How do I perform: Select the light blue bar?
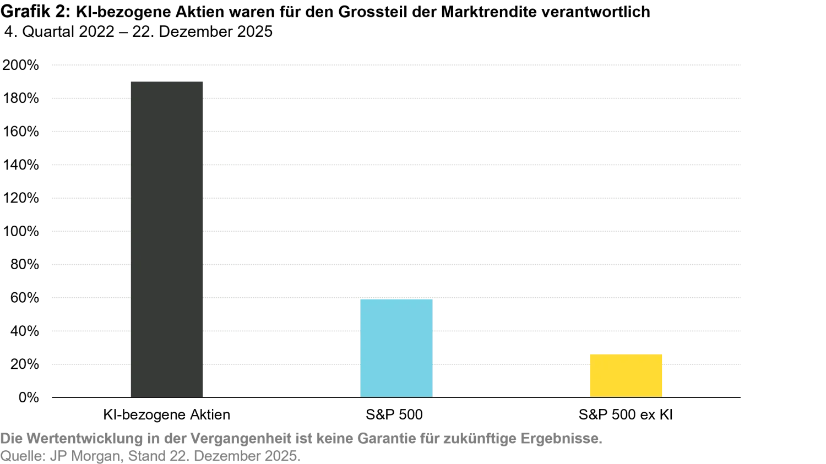(x=396, y=347)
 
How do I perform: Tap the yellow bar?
(x=626, y=374)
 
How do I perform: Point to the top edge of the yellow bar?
(x=626, y=353)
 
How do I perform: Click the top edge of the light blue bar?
(x=396, y=299)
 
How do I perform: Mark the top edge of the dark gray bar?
(x=167, y=80)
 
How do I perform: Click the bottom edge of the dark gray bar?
(x=167, y=396)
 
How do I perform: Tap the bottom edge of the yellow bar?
(x=626, y=396)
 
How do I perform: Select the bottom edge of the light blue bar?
(x=396, y=396)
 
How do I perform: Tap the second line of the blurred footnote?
(x=151, y=456)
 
